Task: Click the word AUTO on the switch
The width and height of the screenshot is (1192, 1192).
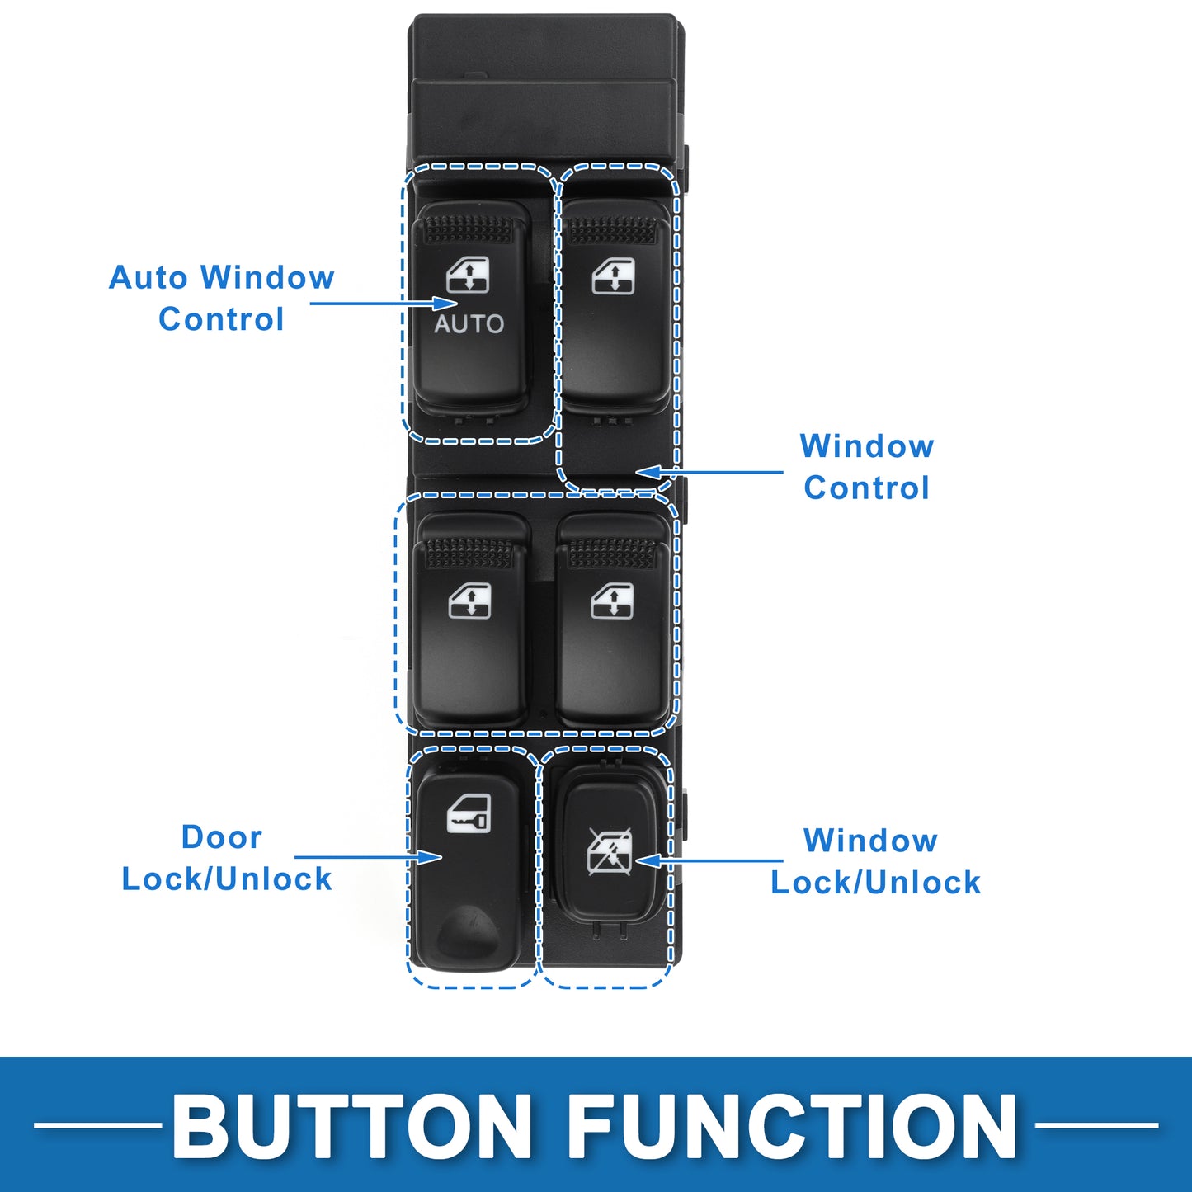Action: coord(469,324)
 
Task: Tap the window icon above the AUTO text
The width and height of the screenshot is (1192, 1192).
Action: coord(468,274)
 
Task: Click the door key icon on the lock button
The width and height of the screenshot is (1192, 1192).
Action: coord(469,813)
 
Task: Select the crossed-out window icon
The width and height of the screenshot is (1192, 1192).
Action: coord(610,852)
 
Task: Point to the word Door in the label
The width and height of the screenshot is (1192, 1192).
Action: coord(221,837)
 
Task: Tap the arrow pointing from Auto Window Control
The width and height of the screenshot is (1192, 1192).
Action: coord(384,303)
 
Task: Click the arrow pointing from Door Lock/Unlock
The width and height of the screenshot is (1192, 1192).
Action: coord(368,857)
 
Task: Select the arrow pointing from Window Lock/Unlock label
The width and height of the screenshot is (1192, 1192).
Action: coord(709,860)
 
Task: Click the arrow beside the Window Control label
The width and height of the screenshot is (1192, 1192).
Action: coord(709,472)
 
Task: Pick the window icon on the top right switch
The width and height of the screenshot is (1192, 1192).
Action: coord(613,276)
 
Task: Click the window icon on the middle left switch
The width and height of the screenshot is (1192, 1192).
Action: coord(469,601)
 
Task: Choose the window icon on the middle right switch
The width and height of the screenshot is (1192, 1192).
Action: coord(612,601)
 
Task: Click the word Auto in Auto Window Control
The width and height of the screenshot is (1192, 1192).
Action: coord(148,277)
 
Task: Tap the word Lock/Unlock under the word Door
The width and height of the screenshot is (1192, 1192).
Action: coord(226,879)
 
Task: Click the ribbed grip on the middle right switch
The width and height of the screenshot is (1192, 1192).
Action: coord(611,553)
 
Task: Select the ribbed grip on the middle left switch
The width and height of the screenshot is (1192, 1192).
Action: coord(469,553)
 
